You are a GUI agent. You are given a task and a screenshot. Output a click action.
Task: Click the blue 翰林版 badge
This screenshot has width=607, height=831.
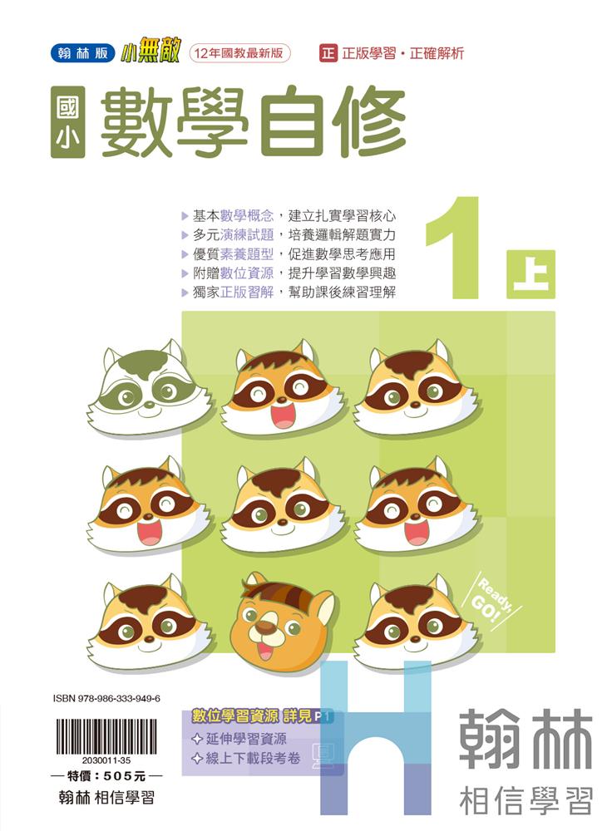pos(83,53)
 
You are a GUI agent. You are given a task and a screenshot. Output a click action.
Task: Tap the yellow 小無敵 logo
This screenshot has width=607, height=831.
pos(150,52)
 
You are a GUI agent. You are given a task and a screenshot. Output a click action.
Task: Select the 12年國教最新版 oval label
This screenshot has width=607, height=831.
pos(239,53)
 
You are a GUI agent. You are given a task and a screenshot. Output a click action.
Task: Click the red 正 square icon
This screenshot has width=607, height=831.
pos(328,53)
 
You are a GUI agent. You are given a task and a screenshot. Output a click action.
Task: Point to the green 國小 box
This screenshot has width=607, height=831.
pos(68,122)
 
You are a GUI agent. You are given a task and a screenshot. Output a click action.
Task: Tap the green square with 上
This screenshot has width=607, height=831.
pos(531,274)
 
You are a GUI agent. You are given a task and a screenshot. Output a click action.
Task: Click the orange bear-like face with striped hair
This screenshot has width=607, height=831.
pos(282,620)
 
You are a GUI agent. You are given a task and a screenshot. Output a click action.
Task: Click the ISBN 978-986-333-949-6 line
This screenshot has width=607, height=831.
pos(106,699)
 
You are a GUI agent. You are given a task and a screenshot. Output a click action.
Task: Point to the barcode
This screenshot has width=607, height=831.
pos(106,736)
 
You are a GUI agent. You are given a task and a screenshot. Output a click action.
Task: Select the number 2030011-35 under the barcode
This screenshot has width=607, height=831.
pos(106,760)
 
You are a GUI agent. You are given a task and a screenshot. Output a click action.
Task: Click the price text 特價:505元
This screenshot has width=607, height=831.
pos(106,776)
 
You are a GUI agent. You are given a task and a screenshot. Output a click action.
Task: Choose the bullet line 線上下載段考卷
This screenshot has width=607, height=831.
pos(246,759)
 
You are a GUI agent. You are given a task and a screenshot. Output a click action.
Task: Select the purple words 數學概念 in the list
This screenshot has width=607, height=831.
pos(247,216)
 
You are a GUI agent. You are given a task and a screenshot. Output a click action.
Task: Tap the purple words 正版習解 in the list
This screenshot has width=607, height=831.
pos(247,292)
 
